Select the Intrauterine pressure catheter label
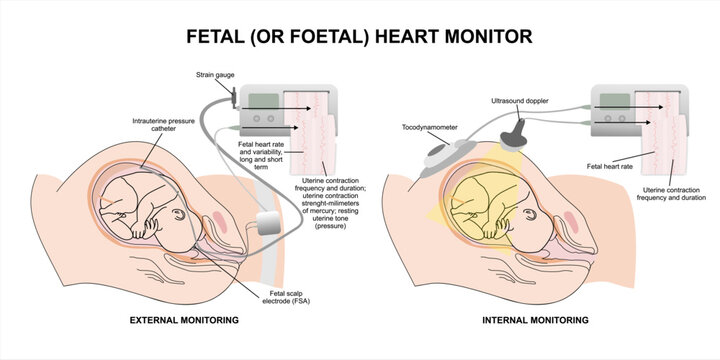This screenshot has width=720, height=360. (156, 127)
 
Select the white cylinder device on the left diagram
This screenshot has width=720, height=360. (268, 225)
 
